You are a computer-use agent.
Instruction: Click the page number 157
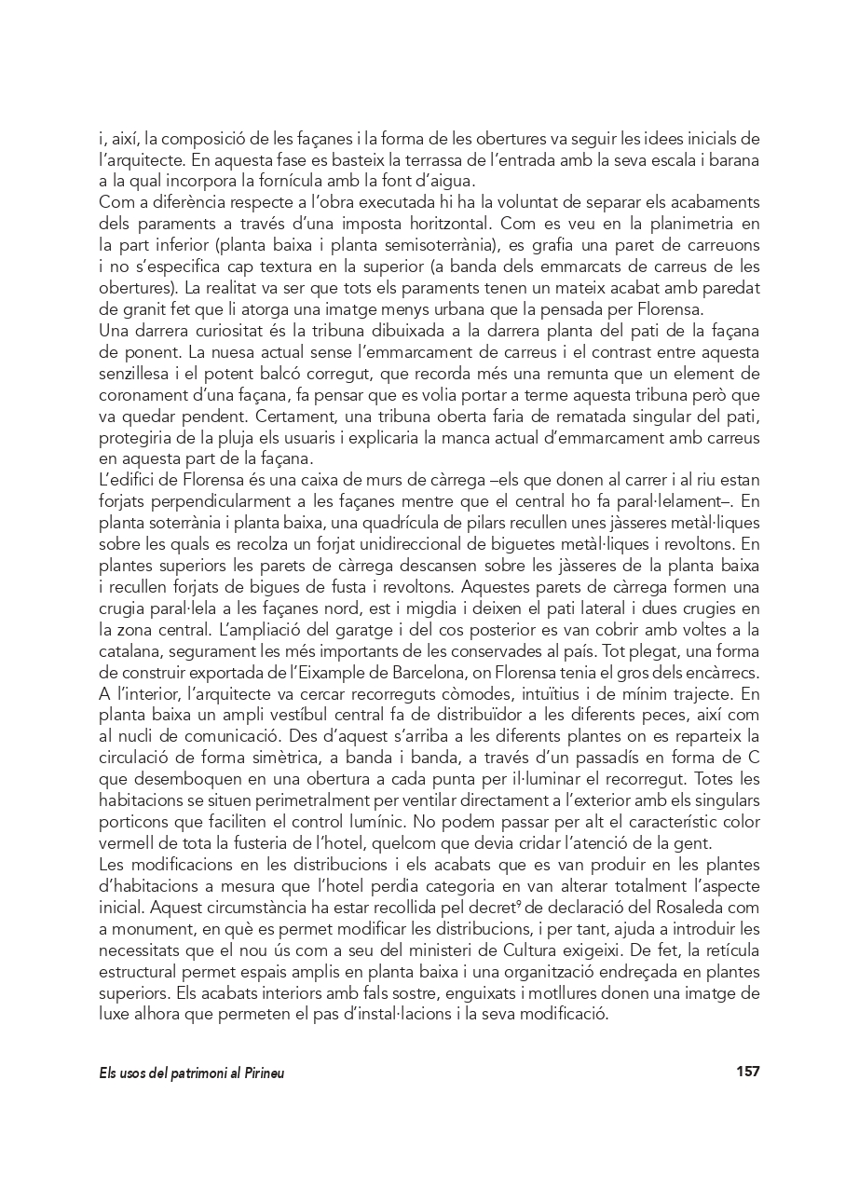coord(747,1072)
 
